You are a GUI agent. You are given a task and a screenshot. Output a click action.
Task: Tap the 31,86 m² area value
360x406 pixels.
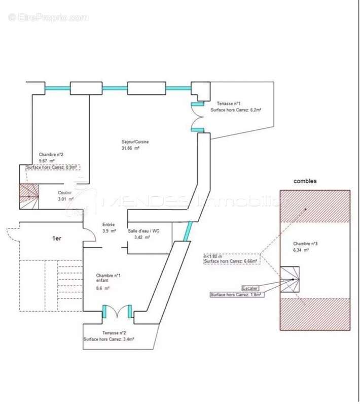pyautogui.click(x=130, y=148)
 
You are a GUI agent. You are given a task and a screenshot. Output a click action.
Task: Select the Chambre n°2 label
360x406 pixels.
pyautogui.click(x=51, y=155)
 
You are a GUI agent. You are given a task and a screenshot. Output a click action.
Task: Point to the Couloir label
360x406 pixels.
pyautogui.click(x=64, y=193)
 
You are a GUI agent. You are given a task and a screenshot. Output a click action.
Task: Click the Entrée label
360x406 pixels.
pyautogui.click(x=109, y=224)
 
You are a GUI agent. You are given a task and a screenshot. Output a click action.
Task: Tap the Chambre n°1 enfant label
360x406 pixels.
pyautogui.click(x=108, y=279)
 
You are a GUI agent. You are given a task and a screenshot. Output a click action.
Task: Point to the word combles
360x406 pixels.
pyautogui.click(x=305, y=181)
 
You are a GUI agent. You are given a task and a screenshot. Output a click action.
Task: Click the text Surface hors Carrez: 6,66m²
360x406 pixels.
pyautogui.click(x=231, y=261)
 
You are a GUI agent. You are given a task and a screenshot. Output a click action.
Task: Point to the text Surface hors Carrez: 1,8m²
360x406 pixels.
pyautogui.click(x=236, y=294)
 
